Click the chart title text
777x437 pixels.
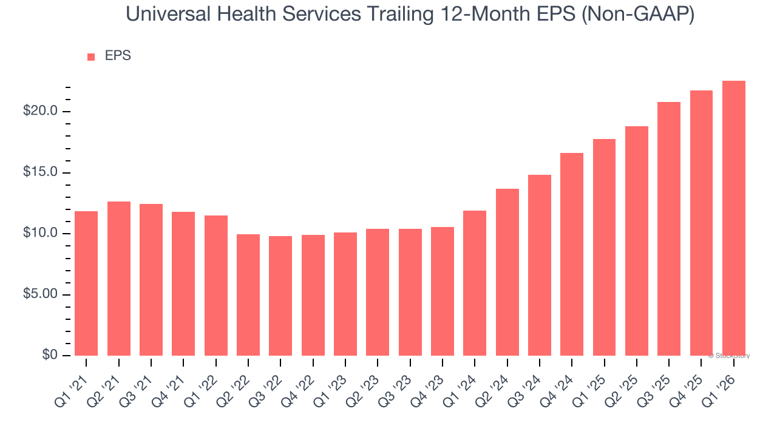pos(410,15)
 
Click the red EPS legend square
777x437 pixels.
pos(91,56)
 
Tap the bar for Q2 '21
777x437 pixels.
pos(119,279)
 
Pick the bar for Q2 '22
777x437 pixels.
pos(248,295)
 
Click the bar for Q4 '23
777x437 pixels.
pos(443,291)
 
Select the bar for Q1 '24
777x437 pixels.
pos(475,283)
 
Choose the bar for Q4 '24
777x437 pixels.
pos(572,254)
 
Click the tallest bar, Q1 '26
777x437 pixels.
pos(734,218)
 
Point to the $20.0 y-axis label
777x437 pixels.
pos(41,111)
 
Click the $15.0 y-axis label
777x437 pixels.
pos(41,172)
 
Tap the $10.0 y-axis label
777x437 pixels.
pos(41,234)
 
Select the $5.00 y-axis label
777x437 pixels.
pos(41,294)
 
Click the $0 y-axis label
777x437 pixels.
pos(50,355)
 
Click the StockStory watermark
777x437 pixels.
pos(729,356)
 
